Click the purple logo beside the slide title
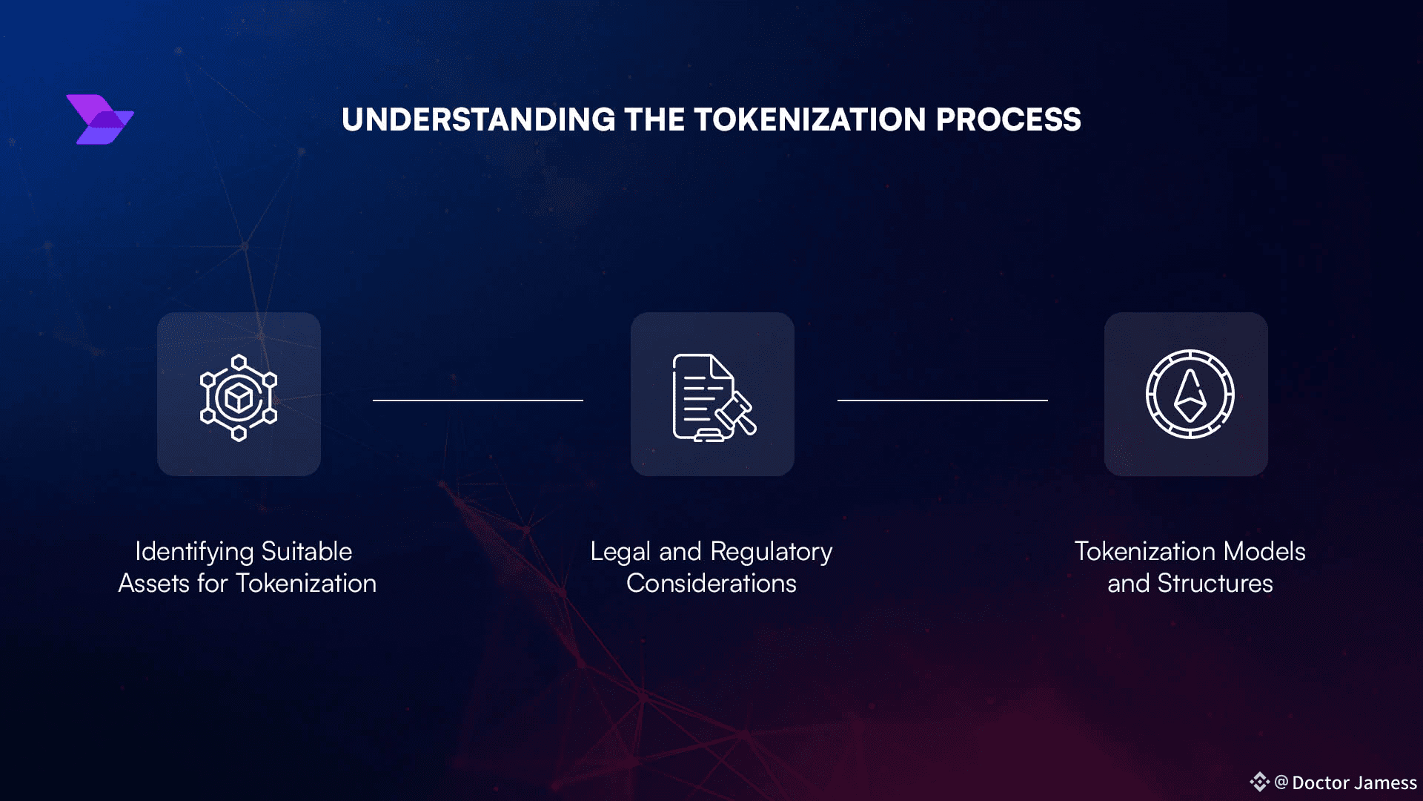(x=100, y=119)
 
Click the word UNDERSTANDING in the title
(x=478, y=120)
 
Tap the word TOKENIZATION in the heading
(x=809, y=120)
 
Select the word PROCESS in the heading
(x=1008, y=120)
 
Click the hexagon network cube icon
(x=239, y=398)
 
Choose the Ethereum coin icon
(x=1190, y=394)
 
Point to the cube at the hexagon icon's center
(x=239, y=398)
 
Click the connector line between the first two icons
(x=478, y=400)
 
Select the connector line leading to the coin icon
(x=942, y=400)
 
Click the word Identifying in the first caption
(x=194, y=552)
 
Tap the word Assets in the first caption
(x=154, y=584)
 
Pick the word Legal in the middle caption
(x=620, y=552)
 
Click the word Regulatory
(x=771, y=552)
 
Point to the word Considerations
(x=711, y=584)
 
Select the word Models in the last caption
(x=1264, y=552)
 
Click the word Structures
(x=1215, y=584)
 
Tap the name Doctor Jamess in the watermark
(x=1354, y=783)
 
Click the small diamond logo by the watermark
(x=1259, y=782)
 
